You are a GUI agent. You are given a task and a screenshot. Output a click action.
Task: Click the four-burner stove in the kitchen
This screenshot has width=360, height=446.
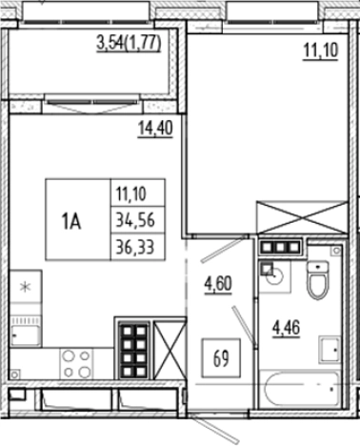pos(76,363)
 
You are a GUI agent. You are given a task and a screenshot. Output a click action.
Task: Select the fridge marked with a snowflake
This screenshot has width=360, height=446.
pos(27,285)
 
